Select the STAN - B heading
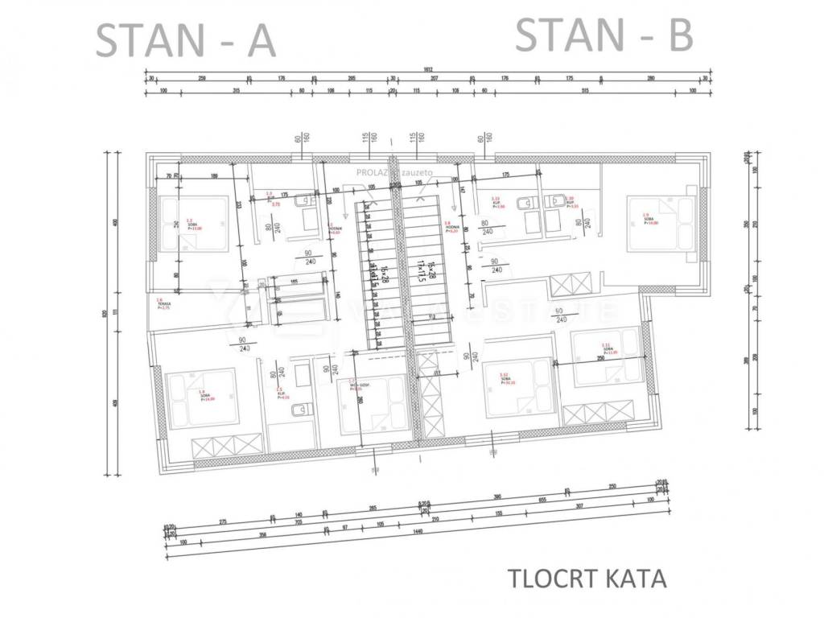604,35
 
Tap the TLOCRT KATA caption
587,579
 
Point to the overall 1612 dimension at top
427,70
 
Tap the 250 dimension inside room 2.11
600,358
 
